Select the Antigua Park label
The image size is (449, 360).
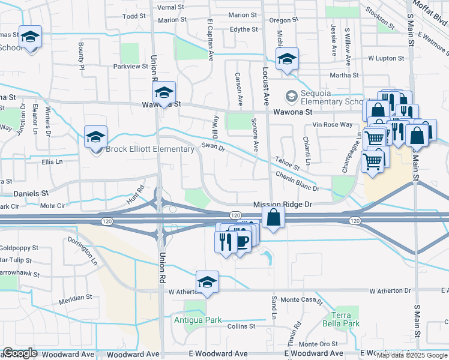click(x=197, y=320)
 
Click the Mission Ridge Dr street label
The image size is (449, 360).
click(x=283, y=205)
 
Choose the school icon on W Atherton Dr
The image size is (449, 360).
click(x=207, y=283)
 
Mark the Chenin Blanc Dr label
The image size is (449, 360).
click(x=297, y=181)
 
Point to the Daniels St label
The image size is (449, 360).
click(x=31, y=194)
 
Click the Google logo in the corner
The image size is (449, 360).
click(x=20, y=353)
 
